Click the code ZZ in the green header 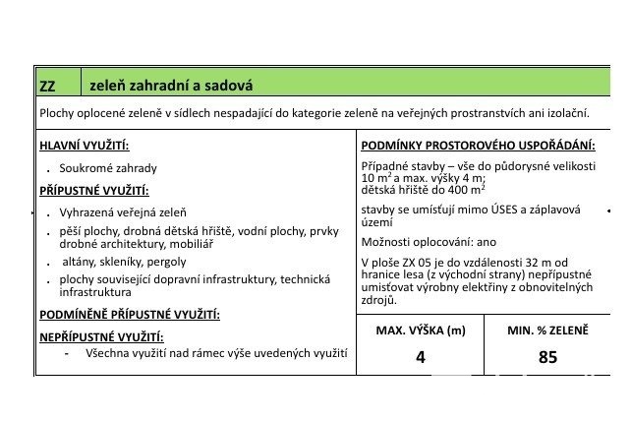coord(49,86)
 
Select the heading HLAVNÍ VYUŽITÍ coord(82,146)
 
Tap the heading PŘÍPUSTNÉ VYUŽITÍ coord(93,191)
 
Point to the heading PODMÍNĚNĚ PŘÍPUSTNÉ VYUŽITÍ coord(129,315)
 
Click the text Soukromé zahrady coord(108,168)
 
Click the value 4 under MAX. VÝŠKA coord(421,357)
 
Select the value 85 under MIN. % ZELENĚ coord(547,357)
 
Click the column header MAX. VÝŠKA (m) coord(421,331)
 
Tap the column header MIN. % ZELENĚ coord(547,331)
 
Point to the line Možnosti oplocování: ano coord(430,242)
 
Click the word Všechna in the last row coord(108,352)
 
